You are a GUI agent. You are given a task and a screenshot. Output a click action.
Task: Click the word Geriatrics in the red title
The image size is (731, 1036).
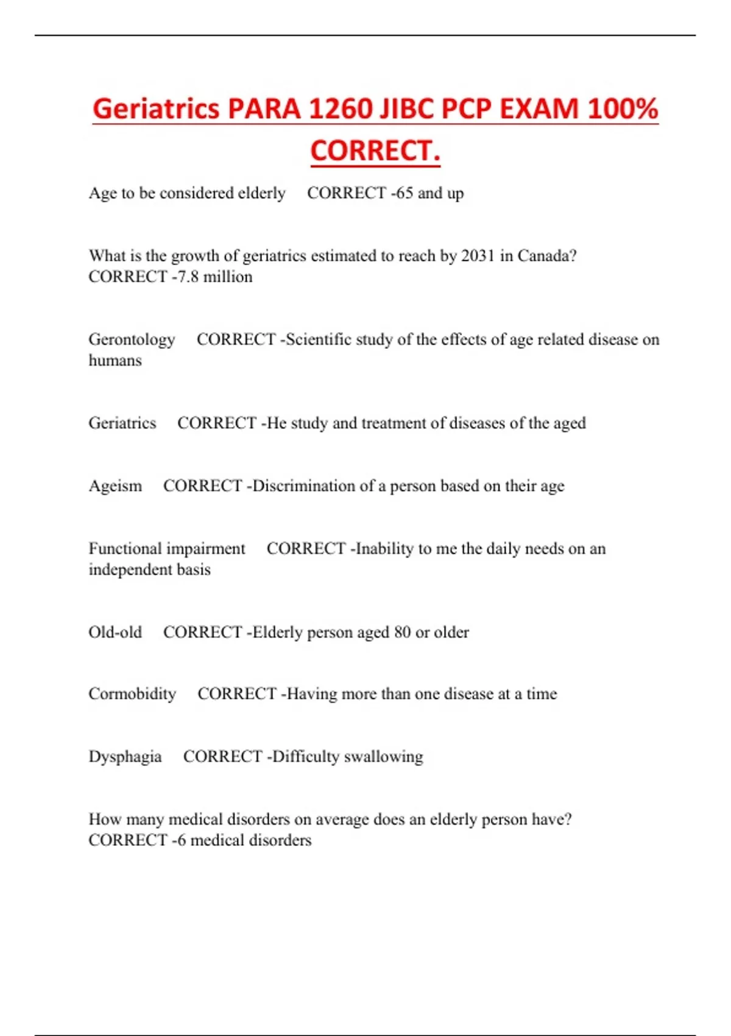pyautogui.click(x=156, y=109)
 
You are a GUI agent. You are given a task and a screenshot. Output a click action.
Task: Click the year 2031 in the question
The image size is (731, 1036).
pyautogui.click(x=478, y=256)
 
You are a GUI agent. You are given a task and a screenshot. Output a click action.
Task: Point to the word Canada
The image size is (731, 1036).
pyautogui.click(x=546, y=256)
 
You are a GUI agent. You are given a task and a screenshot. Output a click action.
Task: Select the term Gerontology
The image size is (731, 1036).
pyautogui.click(x=132, y=339)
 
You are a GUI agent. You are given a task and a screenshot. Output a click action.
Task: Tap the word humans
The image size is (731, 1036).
pyautogui.click(x=115, y=361)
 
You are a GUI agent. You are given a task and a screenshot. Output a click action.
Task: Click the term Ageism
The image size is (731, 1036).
pyautogui.click(x=115, y=486)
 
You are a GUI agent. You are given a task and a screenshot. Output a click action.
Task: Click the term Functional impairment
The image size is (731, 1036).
pyautogui.click(x=167, y=549)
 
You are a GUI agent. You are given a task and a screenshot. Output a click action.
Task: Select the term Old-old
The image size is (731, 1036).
pyautogui.click(x=115, y=633)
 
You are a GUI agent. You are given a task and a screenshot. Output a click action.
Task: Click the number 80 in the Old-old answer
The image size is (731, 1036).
pyautogui.click(x=402, y=633)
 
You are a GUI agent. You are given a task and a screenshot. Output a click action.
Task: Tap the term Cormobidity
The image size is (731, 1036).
pyautogui.click(x=132, y=694)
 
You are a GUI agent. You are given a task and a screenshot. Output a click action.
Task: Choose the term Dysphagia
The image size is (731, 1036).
pyautogui.click(x=125, y=757)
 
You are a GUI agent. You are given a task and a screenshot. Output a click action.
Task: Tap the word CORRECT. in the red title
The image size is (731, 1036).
pyautogui.click(x=375, y=151)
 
